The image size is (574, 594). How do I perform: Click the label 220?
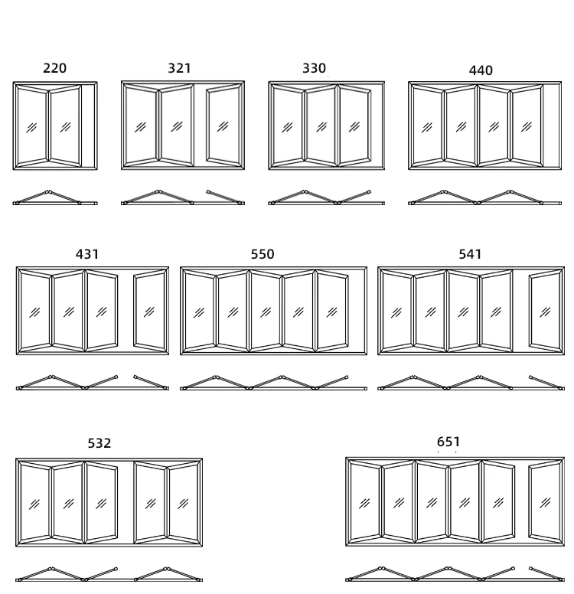point(54,68)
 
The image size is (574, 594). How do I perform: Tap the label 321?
point(179,68)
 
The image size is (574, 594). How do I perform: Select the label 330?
point(314,68)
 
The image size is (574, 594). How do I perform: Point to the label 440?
point(481,70)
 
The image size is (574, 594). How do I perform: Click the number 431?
point(87,254)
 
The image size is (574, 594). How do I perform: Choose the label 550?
point(263,254)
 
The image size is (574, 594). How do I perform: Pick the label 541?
point(470,254)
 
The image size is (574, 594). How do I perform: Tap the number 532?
point(99,443)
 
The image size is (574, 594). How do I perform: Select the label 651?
point(448,442)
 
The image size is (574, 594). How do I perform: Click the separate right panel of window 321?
point(224,126)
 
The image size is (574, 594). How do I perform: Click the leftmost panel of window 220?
point(31,126)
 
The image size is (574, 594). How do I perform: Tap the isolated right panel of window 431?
point(150,311)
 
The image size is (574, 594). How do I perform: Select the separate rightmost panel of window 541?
point(545,311)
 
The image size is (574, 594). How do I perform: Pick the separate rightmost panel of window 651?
point(545,501)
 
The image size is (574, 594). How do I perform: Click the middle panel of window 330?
point(321,126)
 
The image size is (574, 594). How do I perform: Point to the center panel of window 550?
point(266,311)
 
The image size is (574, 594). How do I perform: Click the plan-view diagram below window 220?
point(54,198)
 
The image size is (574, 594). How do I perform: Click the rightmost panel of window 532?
point(184,503)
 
